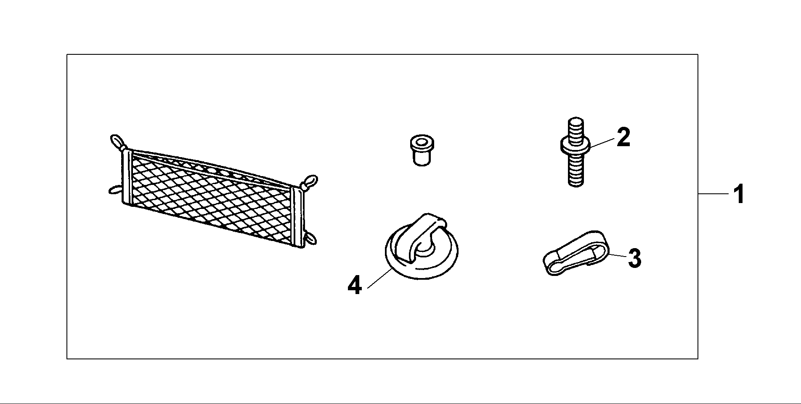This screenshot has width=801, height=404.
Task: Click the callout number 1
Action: tap(738, 194)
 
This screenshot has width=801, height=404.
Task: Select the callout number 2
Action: tap(623, 137)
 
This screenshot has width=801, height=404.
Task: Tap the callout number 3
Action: tap(634, 258)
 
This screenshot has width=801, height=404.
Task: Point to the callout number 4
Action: tap(355, 285)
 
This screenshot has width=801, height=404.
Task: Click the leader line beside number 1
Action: tap(713, 194)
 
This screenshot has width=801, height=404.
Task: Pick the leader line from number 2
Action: tap(602, 143)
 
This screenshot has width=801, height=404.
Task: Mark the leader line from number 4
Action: tap(380, 278)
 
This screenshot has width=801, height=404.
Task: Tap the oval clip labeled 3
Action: tap(574, 253)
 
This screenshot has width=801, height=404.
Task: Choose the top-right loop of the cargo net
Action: tap(310, 182)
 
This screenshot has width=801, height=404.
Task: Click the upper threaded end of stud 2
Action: tap(576, 129)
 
